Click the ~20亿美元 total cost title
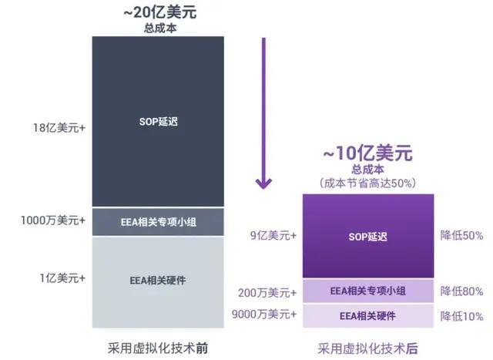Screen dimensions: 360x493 (x=157, y=14)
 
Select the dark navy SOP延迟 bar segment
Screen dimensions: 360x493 (x=158, y=121)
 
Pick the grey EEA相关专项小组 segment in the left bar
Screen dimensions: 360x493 (x=158, y=222)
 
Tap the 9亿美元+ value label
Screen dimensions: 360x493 (x=274, y=235)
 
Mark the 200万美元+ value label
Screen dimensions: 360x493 (x=268, y=291)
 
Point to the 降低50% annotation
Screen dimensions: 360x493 (x=461, y=235)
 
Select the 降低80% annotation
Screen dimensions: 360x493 (x=461, y=291)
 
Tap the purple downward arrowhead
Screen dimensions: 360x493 (x=263, y=183)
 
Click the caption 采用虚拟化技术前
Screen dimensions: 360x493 (x=157, y=344)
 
